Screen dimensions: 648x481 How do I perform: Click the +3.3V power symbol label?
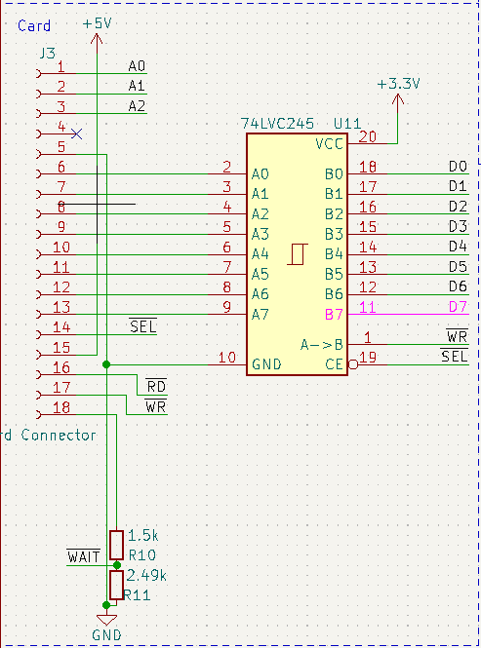coord(398,84)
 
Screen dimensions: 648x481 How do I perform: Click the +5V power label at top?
coord(96,21)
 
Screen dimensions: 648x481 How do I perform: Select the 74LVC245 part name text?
coord(277,124)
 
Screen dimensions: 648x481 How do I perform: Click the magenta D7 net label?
coord(458,308)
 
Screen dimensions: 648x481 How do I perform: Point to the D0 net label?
coord(458,167)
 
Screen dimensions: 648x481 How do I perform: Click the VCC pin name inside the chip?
coord(329,144)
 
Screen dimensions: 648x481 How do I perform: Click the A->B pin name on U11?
coord(321,344)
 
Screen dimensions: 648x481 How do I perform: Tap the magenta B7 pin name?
coord(334,314)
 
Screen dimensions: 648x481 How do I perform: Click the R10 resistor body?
coord(116,545)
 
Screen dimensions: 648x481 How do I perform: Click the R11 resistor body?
coord(116,585)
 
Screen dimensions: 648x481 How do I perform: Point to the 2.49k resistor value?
coord(146,576)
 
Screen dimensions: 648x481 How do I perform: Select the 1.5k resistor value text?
coord(142,536)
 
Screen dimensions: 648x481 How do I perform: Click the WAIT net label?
coord(83,556)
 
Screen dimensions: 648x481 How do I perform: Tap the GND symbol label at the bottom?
coord(107,635)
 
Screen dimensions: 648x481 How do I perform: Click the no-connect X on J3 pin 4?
coord(77,133)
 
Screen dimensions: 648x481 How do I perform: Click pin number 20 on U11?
coord(367,136)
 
